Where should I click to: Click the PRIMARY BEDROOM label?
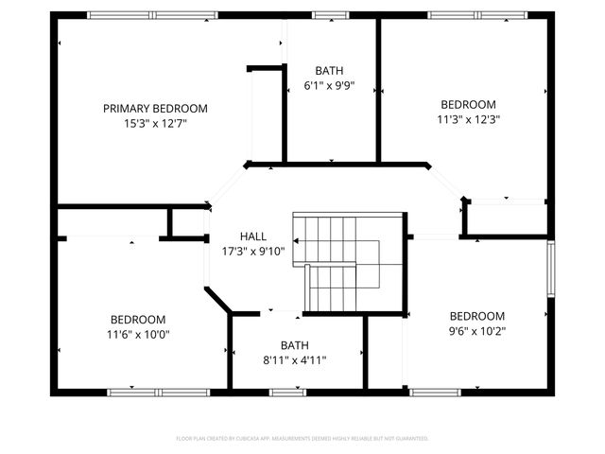[x=155, y=109]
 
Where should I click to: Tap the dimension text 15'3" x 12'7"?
[x=155, y=123]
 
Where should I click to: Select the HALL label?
[x=252, y=236]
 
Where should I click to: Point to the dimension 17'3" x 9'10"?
[x=252, y=252]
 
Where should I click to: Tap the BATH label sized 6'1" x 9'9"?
[x=329, y=71]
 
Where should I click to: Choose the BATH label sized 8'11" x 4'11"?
[x=294, y=345]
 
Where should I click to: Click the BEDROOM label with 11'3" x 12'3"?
[x=467, y=105]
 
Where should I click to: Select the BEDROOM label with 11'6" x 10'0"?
[x=138, y=320]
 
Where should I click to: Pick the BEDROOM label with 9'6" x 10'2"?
[x=476, y=316]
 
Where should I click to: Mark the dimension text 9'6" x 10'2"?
[x=476, y=331]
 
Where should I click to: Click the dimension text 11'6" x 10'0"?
[x=138, y=334]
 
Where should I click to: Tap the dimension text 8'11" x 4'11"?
[x=294, y=360]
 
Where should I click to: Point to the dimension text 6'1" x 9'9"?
[x=329, y=86]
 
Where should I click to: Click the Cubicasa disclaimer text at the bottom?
[x=302, y=439]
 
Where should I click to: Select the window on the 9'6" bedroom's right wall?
[x=551, y=270]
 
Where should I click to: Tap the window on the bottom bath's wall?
[x=287, y=392]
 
